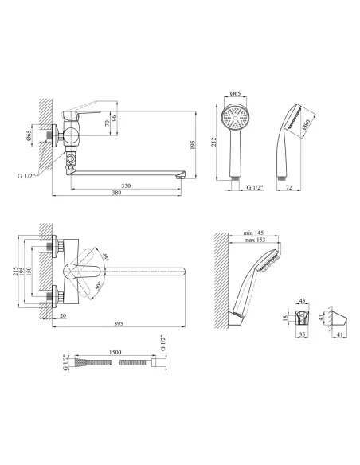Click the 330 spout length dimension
point(126,186)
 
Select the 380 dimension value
point(117,193)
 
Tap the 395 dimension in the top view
point(119,324)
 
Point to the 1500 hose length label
point(115,352)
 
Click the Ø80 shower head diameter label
point(306,124)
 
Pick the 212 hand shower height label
point(214,142)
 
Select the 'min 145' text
point(253,232)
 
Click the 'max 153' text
point(255,240)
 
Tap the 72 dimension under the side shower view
point(289,187)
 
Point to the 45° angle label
point(106,256)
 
